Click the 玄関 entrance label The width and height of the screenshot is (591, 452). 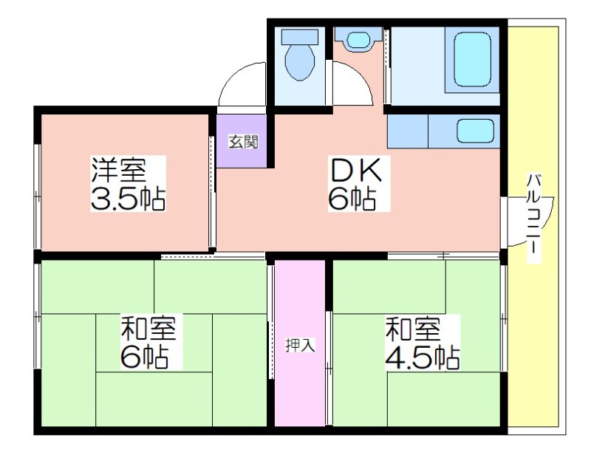coord(244,142)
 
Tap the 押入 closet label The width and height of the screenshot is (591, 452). coord(300,345)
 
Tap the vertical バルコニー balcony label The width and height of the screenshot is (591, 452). coord(533,218)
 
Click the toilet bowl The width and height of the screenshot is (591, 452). coord(300,61)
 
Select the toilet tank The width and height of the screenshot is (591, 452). coord(300,37)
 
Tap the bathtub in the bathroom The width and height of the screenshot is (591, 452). coord(473,60)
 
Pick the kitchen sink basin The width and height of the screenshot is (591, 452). coord(476,131)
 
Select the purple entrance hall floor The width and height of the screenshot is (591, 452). coord(242,141)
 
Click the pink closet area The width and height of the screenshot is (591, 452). coord(300,343)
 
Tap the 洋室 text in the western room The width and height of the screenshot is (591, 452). coord(118,171)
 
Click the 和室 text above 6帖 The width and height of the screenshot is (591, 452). coord(148,329)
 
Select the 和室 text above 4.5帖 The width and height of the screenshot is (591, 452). coord(412,329)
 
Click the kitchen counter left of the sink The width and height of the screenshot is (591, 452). coord(408,131)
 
